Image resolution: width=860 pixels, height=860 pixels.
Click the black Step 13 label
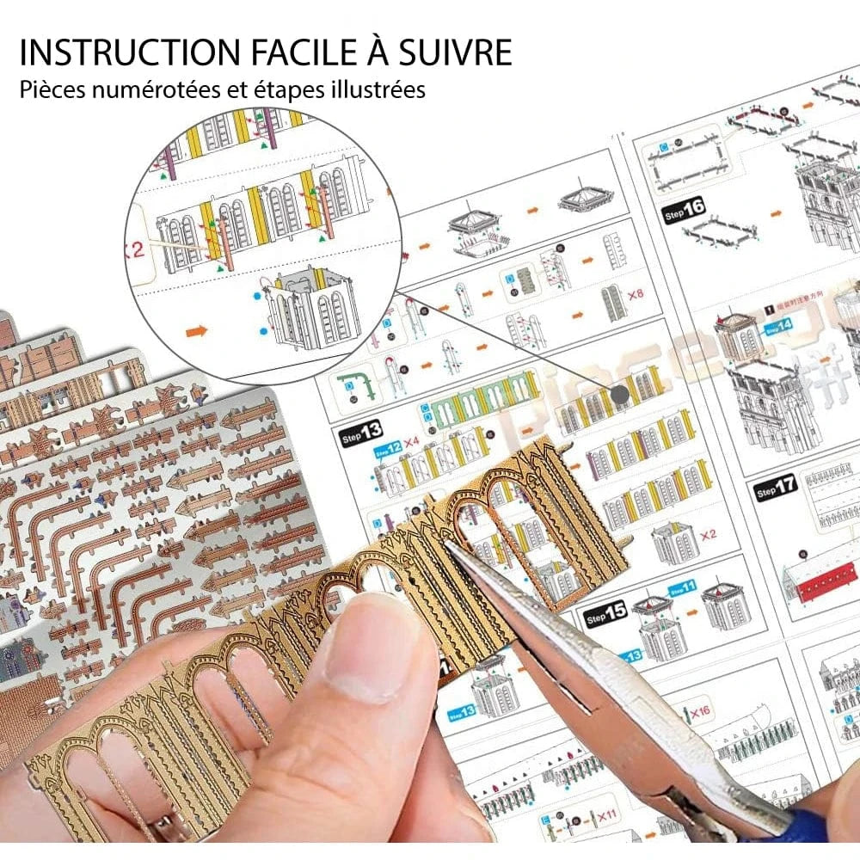pos(360,429)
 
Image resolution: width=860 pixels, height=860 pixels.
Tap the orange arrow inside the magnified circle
pos(197,329)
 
